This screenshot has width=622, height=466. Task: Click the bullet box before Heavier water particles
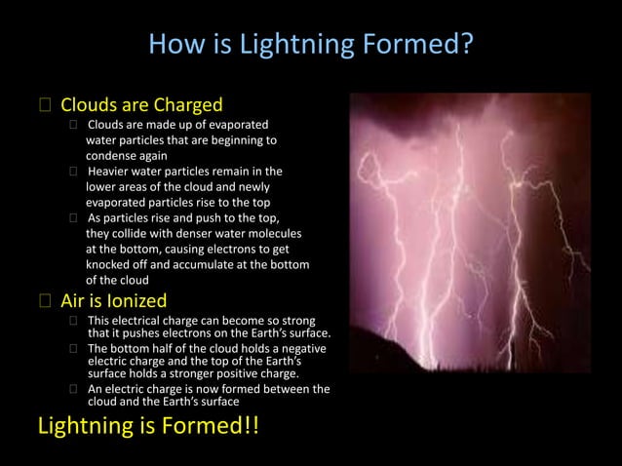pos(73,172)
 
